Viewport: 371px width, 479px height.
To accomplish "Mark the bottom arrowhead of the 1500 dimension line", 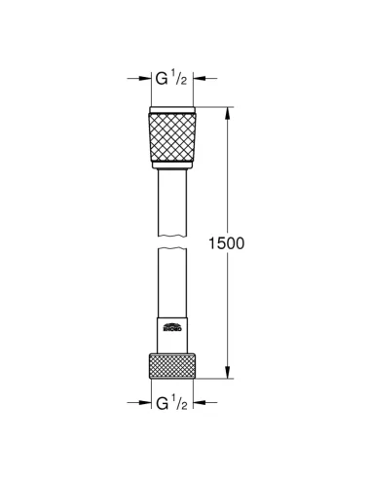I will pos(230,372).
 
